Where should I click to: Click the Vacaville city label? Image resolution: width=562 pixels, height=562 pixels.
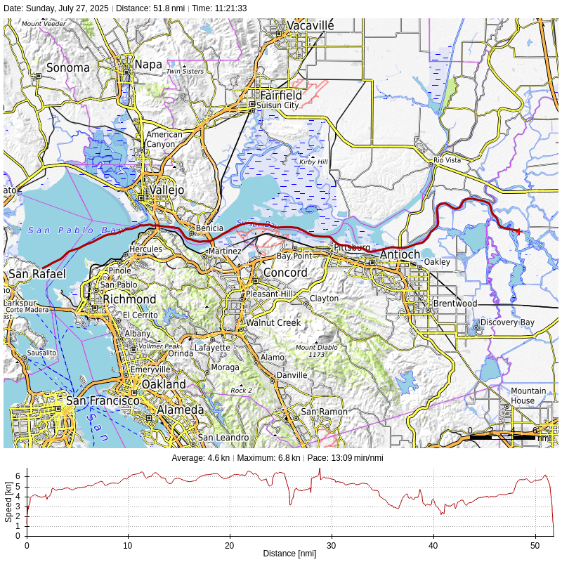click(311, 25)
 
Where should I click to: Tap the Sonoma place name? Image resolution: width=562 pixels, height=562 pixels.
click(68, 68)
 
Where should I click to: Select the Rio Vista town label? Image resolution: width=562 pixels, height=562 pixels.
click(447, 160)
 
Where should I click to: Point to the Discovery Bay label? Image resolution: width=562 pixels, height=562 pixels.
click(507, 322)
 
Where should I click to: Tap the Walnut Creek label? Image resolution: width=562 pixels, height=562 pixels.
click(273, 323)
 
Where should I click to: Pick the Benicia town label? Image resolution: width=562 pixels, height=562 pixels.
click(209, 228)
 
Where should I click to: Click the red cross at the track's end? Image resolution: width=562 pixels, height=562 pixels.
click(518, 231)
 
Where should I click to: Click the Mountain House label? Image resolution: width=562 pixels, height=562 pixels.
click(528, 396)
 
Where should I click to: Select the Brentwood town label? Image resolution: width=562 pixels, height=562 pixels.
click(455, 303)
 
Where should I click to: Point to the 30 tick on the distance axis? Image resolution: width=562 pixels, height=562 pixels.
click(332, 545)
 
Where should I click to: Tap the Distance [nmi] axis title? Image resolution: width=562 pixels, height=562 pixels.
click(289, 554)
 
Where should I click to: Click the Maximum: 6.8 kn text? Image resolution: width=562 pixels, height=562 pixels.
click(269, 458)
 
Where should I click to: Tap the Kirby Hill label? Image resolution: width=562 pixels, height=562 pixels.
click(313, 162)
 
